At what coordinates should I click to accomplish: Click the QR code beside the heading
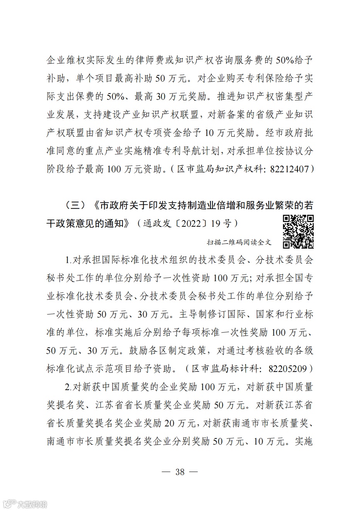click(x=298, y=231)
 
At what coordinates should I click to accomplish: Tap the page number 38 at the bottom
click(x=180, y=471)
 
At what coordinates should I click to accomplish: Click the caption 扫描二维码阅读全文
click(x=239, y=242)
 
